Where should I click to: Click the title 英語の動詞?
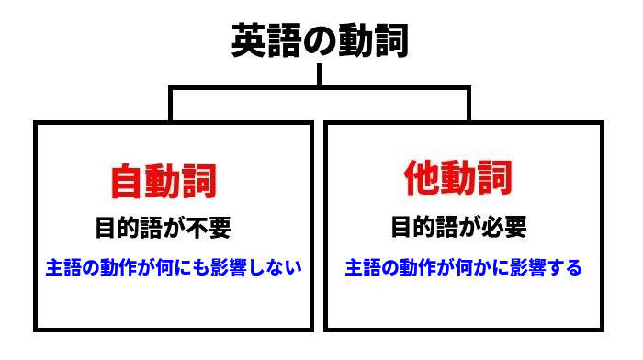[x=320, y=40]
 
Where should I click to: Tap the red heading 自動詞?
[x=164, y=182]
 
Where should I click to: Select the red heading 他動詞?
[x=458, y=177]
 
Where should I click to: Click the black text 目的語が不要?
[x=164, y=228]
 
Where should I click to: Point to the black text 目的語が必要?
[x=459, y=226]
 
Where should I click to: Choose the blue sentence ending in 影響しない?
[x=174, y=267]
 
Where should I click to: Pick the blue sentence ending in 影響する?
[x=463, y=267]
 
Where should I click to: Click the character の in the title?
[x=320, y=41]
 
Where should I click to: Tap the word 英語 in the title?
[x=267, y=40]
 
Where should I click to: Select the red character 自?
[x=127, y=182]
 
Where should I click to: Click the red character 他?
[x=423, y=177]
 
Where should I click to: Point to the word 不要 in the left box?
[x=209, y=228]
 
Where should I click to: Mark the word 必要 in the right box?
[x=504, y=226]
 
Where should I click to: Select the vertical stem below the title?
[x=319, y=74]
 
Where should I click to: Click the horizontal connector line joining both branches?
[x=320, y=88]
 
